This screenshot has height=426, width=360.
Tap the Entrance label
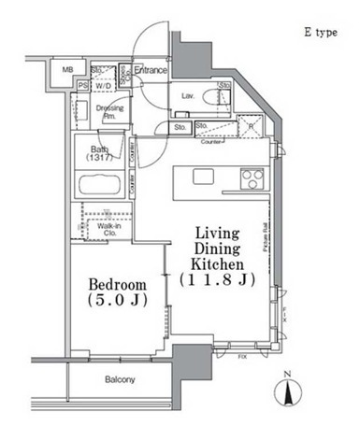tap(151, 71)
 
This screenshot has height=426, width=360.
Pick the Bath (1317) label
tap(98, 154)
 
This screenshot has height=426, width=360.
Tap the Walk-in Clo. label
tap(112, 229)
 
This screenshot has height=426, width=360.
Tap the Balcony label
tap(120, 379)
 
